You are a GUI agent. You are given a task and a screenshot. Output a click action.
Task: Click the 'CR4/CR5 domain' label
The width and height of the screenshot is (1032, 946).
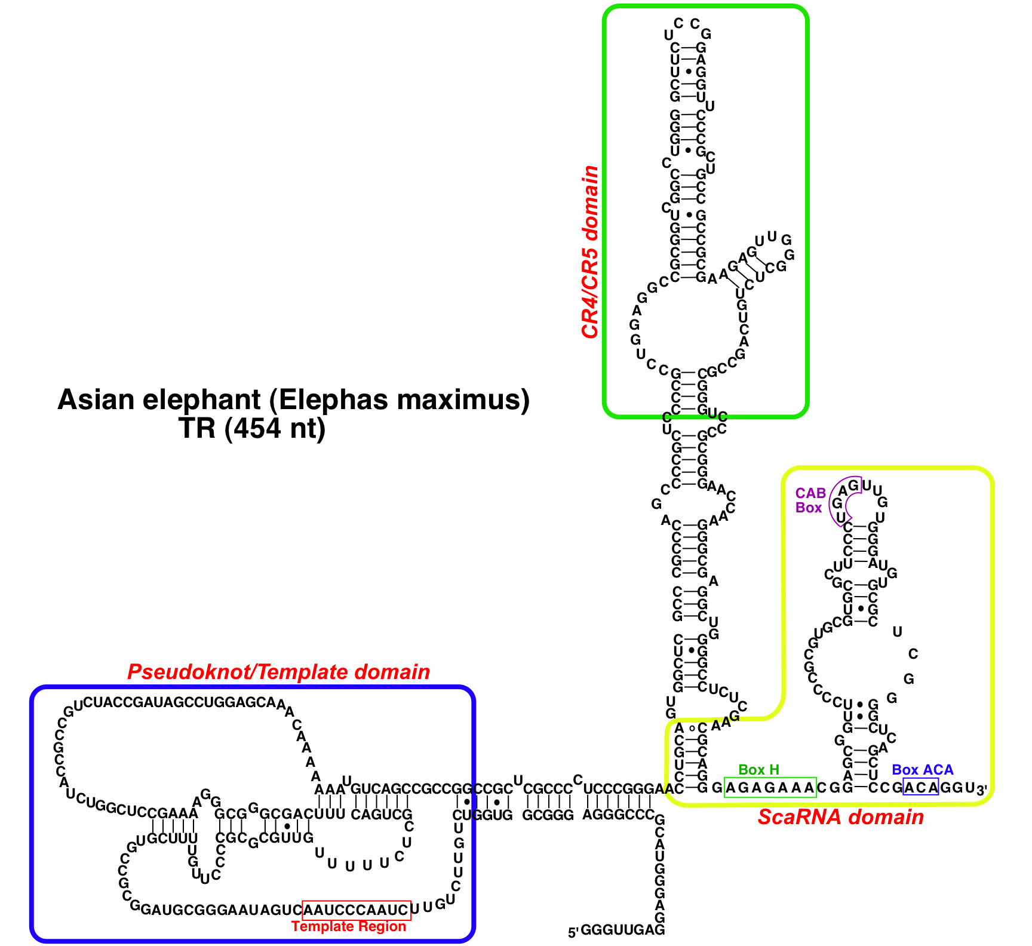590,252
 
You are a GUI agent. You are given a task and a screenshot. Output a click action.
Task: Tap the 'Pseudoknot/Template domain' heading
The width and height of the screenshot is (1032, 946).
278,672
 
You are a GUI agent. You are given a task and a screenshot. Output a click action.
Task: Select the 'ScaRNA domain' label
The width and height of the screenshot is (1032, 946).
840,817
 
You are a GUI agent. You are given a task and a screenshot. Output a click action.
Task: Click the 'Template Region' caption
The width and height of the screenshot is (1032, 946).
349,926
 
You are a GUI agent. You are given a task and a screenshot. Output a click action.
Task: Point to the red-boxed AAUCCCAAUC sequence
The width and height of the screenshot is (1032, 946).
357,910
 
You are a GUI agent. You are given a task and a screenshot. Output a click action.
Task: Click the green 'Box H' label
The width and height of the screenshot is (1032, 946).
758,770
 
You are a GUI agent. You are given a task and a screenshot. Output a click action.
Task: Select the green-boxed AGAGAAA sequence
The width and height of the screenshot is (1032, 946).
770,788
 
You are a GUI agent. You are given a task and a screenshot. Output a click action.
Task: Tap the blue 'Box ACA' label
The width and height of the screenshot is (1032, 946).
922,770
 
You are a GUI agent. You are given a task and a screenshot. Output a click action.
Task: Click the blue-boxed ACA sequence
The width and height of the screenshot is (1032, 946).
920,788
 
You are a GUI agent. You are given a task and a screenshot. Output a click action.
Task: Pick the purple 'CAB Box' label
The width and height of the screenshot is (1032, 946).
810,500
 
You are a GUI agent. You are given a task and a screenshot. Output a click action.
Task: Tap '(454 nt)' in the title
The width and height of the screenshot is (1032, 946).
275,428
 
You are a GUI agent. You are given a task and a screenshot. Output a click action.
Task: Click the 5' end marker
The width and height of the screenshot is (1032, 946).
573,932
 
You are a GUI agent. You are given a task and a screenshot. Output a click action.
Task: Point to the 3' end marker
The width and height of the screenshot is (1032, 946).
981,790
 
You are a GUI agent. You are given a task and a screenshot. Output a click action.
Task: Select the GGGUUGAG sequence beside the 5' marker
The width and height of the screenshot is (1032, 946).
622,930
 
